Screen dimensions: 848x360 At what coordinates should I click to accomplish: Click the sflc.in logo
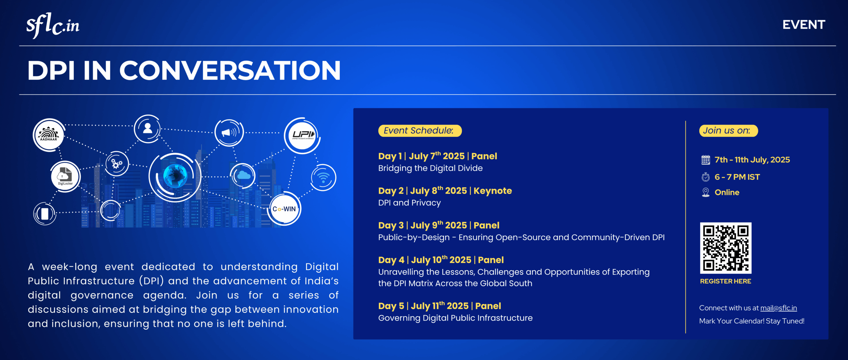coord(53,26)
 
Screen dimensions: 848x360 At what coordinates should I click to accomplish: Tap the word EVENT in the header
coord(804,25)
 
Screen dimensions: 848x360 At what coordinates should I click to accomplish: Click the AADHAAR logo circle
coord(49,135)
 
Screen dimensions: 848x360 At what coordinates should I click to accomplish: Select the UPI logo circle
coord(302,135)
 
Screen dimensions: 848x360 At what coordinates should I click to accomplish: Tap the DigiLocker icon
coord(65,176)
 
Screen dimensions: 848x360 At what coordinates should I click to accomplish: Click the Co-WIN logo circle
coord(284,209)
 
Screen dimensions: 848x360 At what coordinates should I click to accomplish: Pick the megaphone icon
coord(229,133)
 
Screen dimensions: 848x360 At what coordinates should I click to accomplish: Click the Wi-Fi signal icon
coord(323,178)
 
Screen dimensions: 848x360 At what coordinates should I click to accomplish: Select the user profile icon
coord(147,129)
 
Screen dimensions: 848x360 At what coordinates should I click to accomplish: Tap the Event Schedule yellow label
coord(420,131)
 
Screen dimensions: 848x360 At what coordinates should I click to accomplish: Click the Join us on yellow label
coord(728,131)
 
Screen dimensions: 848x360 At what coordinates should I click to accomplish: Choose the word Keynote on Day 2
coord(493,191)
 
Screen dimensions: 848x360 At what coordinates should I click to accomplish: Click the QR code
coord(726,248)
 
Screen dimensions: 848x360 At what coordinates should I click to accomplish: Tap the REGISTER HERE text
coord(725,282)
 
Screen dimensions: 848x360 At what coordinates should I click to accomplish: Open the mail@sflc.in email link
coord(778,308)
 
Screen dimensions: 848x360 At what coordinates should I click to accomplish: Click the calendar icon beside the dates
coord(706,160)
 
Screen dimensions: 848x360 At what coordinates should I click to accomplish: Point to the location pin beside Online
coord(706,192)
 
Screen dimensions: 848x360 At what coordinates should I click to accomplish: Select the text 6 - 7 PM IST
coord(737,177)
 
